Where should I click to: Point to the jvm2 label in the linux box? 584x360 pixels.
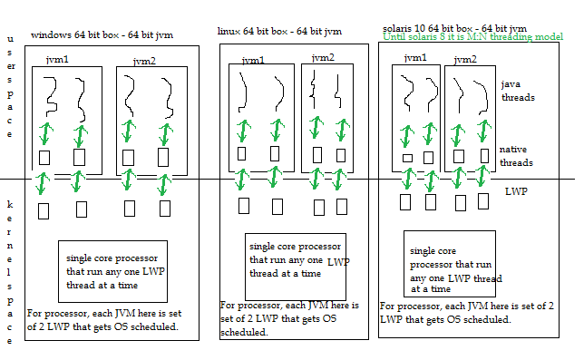(x=323, y=58)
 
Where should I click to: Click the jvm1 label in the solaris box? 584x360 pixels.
(x=415, y=57)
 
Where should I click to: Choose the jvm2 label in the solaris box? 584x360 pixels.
(x=465, y=59)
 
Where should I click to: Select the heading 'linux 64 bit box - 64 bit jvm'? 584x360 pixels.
(x=279, y=31)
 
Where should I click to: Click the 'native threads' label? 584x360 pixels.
(x=516, y=156)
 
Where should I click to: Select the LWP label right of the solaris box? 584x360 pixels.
(x=516, y=192)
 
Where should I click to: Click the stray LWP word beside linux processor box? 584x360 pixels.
(x=337, y=261)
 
